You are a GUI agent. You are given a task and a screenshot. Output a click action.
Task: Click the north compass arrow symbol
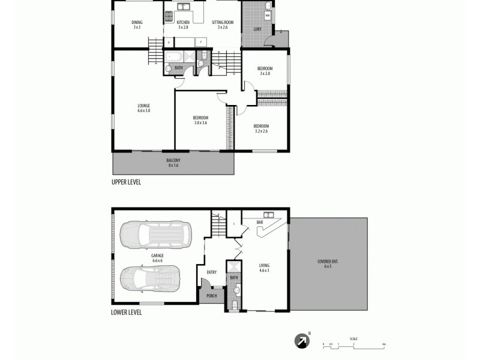point(302,341)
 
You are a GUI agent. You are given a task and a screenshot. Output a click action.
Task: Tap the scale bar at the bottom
point(353,344)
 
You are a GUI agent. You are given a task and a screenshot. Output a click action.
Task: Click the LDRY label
point(257,29)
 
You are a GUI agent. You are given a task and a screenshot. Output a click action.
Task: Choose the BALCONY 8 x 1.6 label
point(173,163)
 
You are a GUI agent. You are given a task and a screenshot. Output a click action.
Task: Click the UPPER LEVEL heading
point(126,182)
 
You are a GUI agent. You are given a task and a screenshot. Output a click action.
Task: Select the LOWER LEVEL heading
point(126,312)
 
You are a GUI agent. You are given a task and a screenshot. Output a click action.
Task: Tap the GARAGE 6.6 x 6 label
point(157,257)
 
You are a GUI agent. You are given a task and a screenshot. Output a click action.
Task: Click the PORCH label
point(211,295)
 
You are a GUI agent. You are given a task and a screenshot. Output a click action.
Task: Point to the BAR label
point(260,222)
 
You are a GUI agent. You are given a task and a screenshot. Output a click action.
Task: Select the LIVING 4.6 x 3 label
point(264,268)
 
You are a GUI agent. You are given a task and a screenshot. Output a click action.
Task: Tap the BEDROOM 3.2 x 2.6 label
point(261,128)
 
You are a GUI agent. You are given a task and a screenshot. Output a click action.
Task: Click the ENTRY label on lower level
point(211,272)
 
